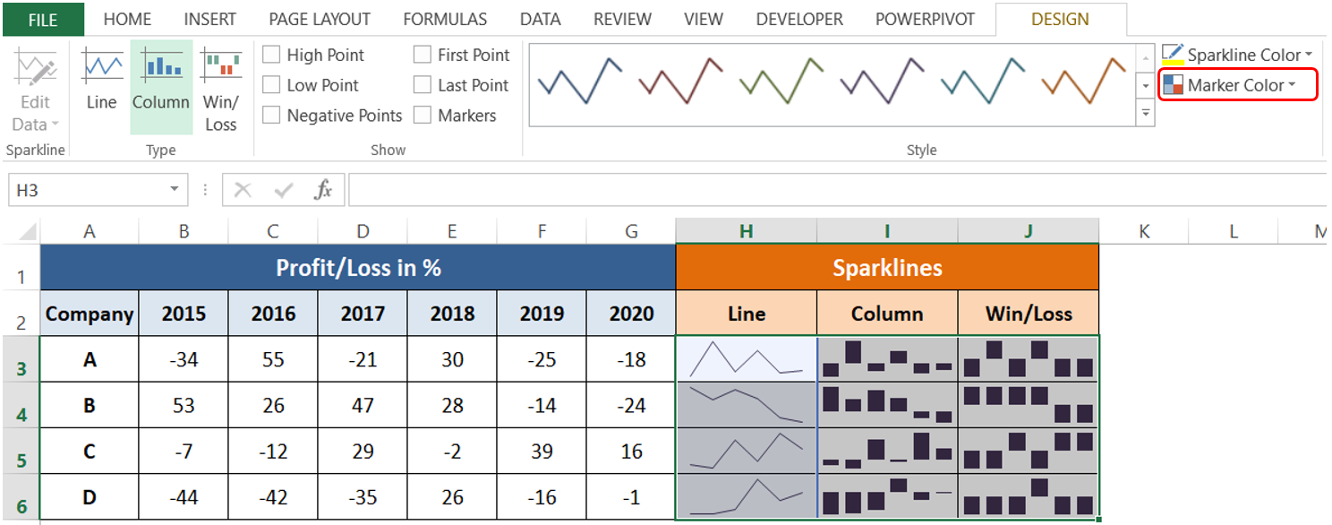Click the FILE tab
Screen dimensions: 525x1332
click(x=42, y=19)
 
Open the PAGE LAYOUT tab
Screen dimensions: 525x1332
click(x=320, y=19)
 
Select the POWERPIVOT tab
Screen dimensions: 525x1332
click(x=925, y=19)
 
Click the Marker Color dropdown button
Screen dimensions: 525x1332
click(x=1240, y=85)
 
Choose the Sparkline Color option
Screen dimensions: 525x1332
click(x=1240, y=55)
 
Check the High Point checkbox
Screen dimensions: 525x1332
click(x=271, y=56)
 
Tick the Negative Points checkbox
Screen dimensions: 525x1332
click(x=271, y=116)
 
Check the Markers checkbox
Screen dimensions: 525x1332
click(x=423, y=116)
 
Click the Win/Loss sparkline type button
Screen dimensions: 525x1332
click(x=220, y=90)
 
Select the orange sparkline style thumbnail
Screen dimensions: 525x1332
click(x=1083, y=82)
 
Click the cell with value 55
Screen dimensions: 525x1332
click(x=273, y=359)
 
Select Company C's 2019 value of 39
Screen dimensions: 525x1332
click(x=542, y=452)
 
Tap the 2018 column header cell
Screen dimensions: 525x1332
click(x=452, y=314)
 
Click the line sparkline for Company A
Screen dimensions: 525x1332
click(x=747, y=359)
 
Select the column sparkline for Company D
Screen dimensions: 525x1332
click(x=887, y=497)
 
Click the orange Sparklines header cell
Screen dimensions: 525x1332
click(x=887, y=267)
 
